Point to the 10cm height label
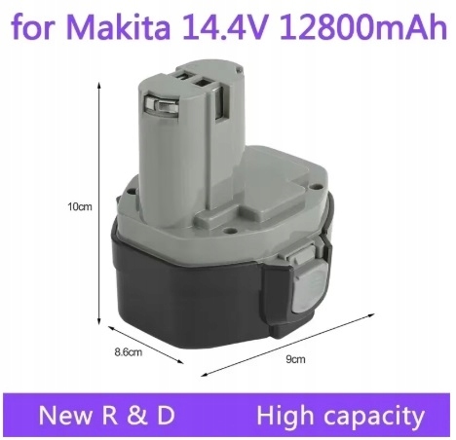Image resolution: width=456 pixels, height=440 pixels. pos(79,207)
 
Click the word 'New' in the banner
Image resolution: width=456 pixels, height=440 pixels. pos(65,417)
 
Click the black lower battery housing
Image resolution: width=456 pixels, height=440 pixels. pos(195,282)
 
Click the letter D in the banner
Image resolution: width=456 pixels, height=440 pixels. pos(165,417)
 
